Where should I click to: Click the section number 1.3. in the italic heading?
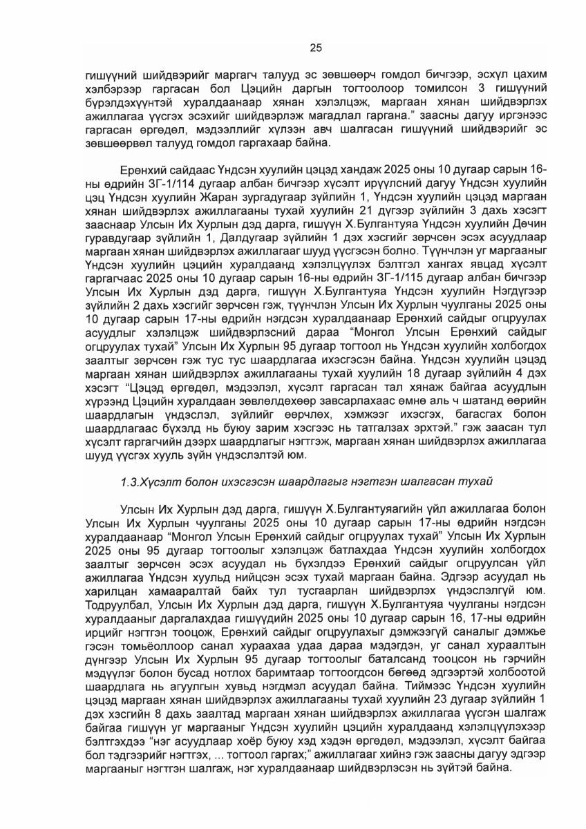point(131,480)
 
